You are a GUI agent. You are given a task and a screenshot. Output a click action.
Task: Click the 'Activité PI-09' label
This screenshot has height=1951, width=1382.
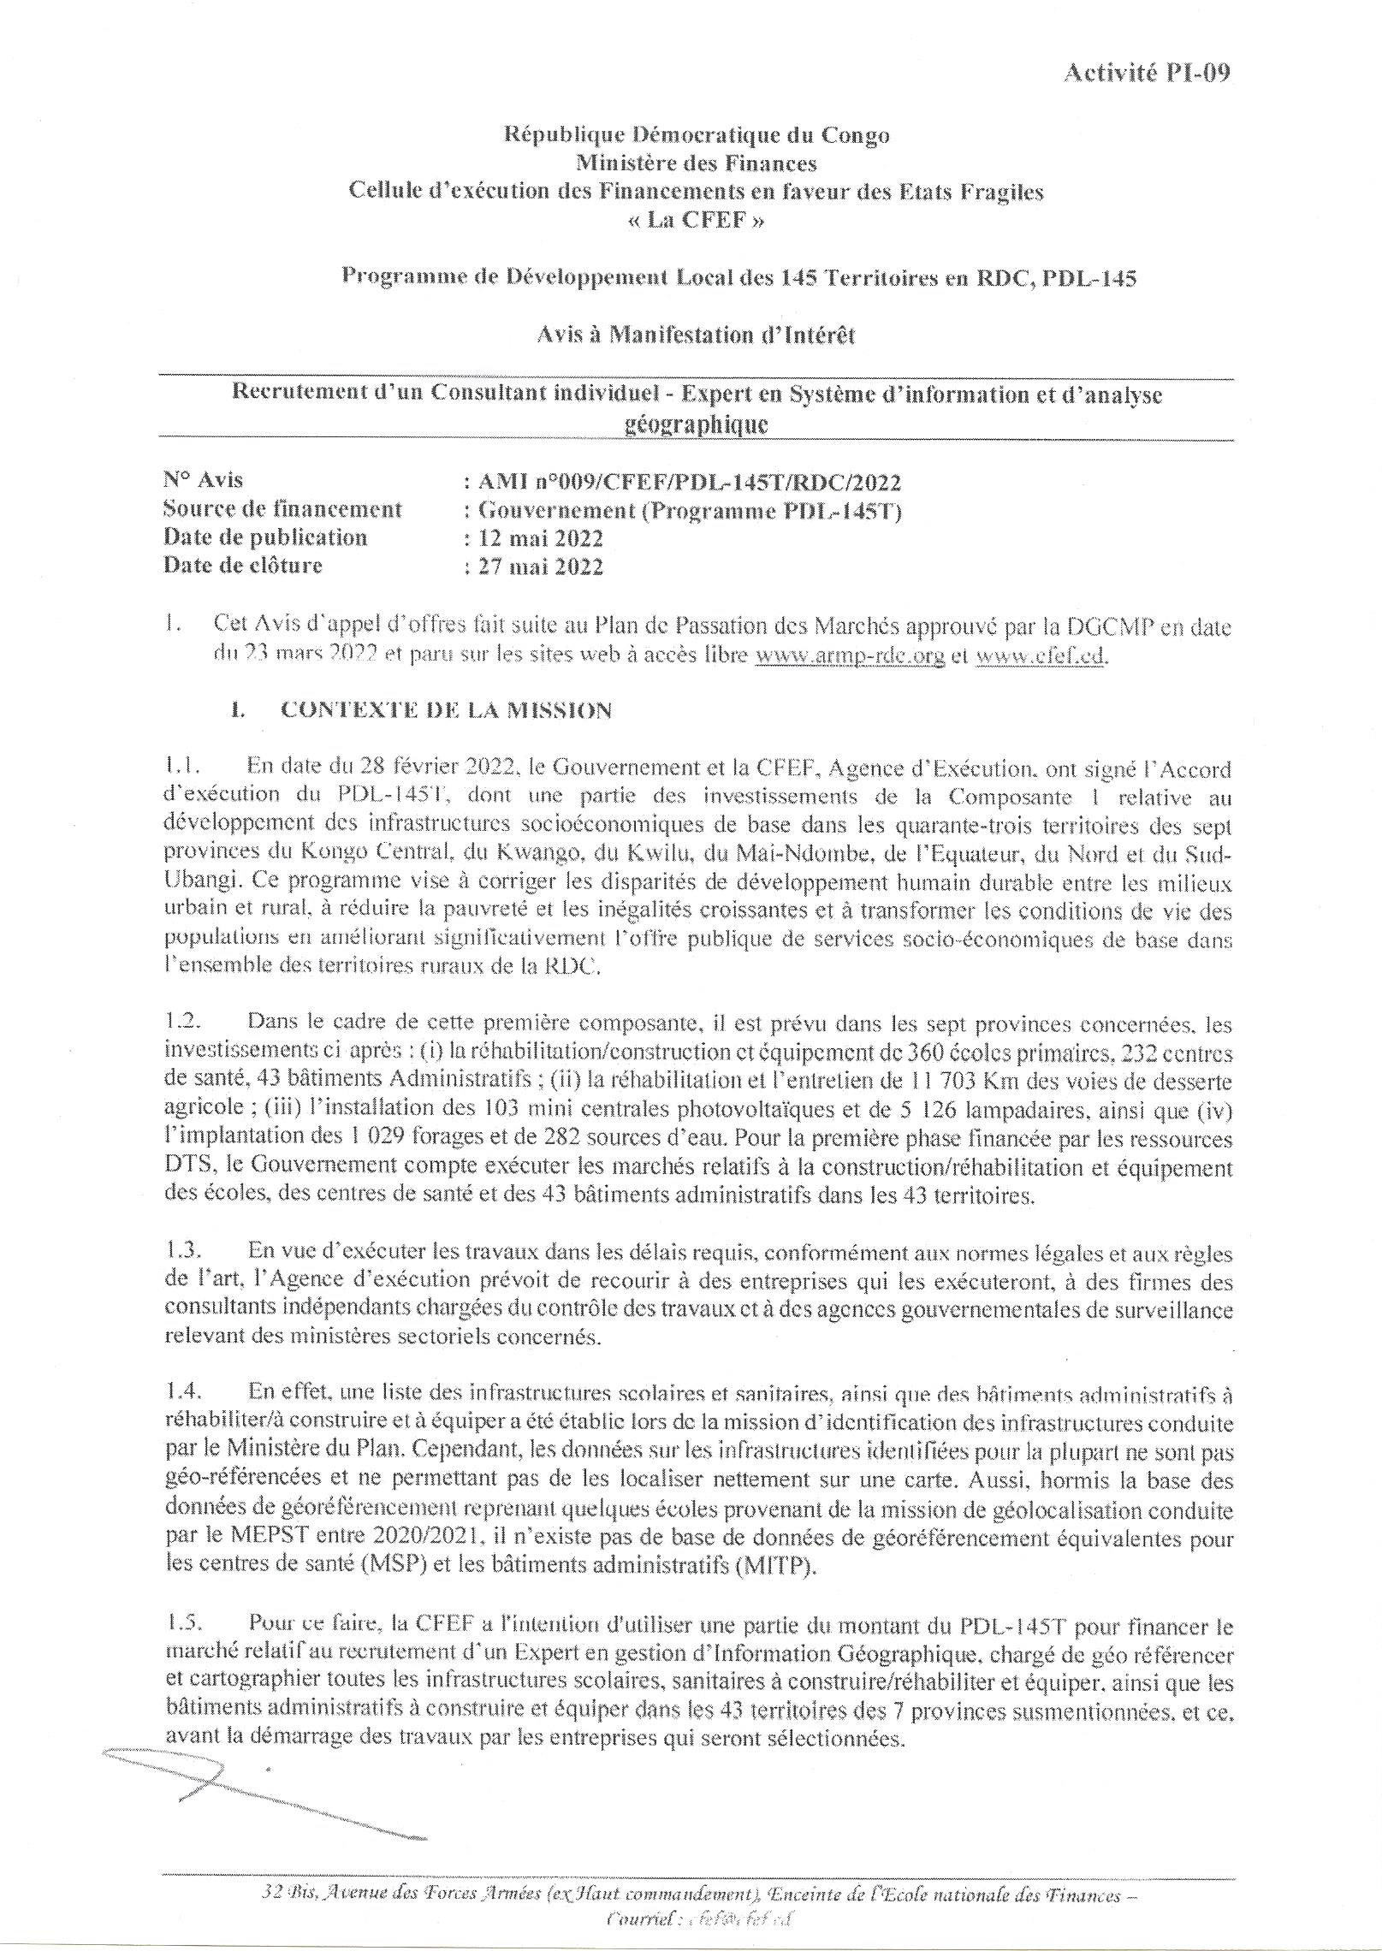pos(1146,74)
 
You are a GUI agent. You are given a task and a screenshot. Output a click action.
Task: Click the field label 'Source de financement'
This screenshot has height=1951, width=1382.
pos(282,510)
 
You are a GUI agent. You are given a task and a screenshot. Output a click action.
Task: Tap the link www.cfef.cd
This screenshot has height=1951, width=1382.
pos(1039,656)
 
